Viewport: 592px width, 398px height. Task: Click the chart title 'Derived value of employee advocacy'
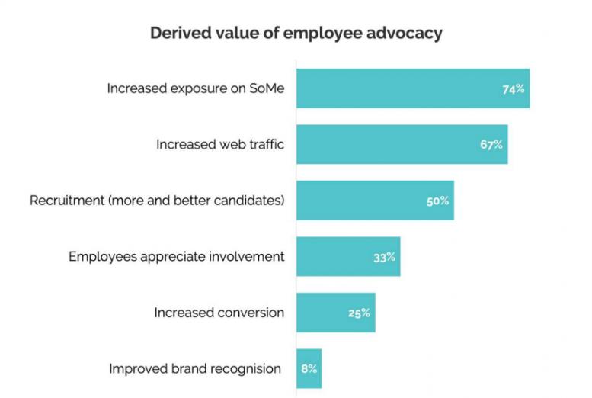coord(296,34)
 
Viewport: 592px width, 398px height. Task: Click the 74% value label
coord(514,88)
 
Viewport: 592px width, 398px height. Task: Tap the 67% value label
coord(491,144)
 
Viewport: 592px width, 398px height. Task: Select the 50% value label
coord(437,201)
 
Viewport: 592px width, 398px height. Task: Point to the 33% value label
coord(384,257)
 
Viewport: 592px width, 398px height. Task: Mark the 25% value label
coord(359,313)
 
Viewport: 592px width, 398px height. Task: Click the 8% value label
coord(309,368)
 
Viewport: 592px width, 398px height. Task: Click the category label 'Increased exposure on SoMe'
coord(196,88)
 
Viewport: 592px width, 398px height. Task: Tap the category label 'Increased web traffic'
coord(220,144)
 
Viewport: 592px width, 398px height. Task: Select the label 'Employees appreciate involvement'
coord(177,256)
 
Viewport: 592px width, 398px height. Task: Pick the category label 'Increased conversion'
coord(219,313)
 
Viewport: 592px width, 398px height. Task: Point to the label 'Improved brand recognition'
coord(195,369)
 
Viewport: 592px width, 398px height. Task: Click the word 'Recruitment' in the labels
coord(66,201)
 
